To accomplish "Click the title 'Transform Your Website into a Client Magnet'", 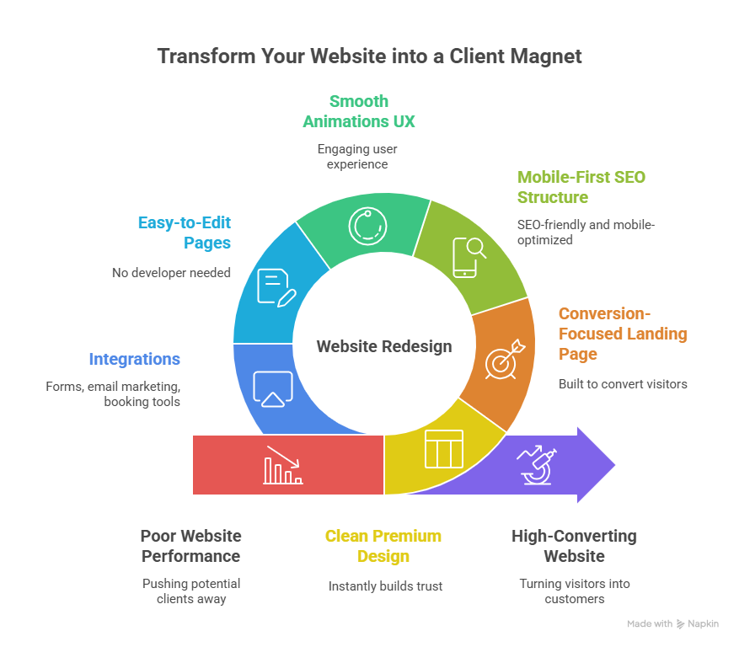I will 369,56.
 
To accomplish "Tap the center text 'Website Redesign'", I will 383,346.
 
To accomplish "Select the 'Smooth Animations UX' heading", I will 359,111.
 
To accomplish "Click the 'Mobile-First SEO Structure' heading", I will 581,187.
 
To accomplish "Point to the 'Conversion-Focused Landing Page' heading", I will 622,334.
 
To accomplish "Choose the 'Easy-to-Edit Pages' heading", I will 184,233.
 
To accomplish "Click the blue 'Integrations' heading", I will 134,359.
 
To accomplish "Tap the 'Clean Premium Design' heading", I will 383,546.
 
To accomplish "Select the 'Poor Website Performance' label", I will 190,546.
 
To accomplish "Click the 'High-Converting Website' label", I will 574,546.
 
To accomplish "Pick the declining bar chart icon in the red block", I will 282,465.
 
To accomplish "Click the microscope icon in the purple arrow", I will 537,465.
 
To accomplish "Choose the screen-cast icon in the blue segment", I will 273,388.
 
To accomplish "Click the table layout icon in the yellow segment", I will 443,449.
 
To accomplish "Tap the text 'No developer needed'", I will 171,272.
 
